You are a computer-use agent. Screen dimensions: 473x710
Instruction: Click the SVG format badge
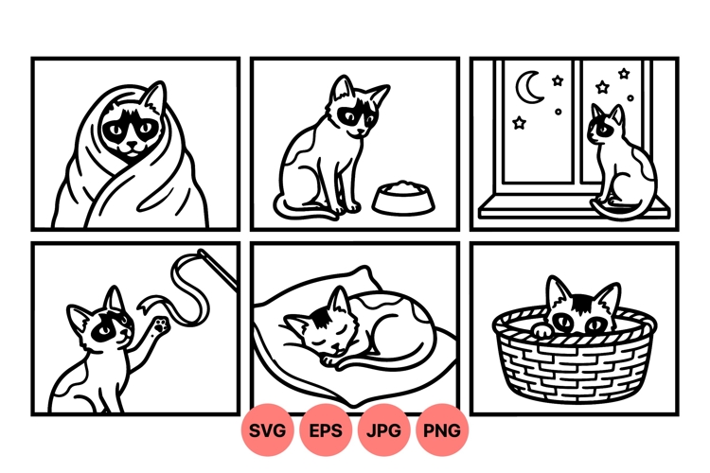pyautogui.click(x=268, y=430)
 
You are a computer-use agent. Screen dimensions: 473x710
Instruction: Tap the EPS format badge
pyautogui.click(x=327, y=430)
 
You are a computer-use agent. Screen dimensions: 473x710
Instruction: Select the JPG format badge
pyautogui.click(x=384, y=430)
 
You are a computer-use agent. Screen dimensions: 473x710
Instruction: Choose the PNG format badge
pyautogui.click(x=442, y=430)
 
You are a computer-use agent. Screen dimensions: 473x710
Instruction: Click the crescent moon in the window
pyautogui.click(x=526, y=90)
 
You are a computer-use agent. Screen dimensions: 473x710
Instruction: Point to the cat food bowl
pyautogui.click(x=398, y=197)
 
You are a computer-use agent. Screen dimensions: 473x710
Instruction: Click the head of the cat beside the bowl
pyautogui.click(x=355, y=109)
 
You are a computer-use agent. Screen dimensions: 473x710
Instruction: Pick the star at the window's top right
pyautogui.click(x=624, y=74)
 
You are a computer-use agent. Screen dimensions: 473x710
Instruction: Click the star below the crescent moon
pyautogui.click(x=520, y=123)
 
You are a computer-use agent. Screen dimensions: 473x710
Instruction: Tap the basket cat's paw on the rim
pyautogui.click(x=540, y=330)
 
